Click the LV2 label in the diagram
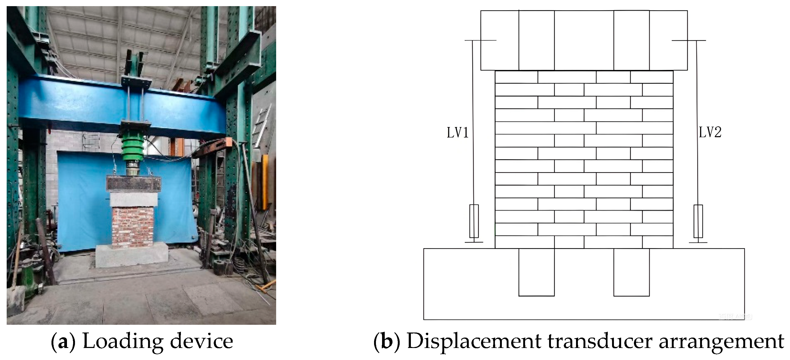pyautogui.click(x=710, y=132)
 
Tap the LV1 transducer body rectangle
pyautogui.click(x=474, y=221)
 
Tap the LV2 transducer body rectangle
pyautogui.click(x=698, y=221)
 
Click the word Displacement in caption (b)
pyautogui.click(x=474, y=341)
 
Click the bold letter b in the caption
pyautogui.click(x=387, y=341)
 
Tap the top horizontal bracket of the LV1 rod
pyautogui.click(x=480, y=41)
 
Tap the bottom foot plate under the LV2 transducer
pyautogui.click(x=698, y=243)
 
